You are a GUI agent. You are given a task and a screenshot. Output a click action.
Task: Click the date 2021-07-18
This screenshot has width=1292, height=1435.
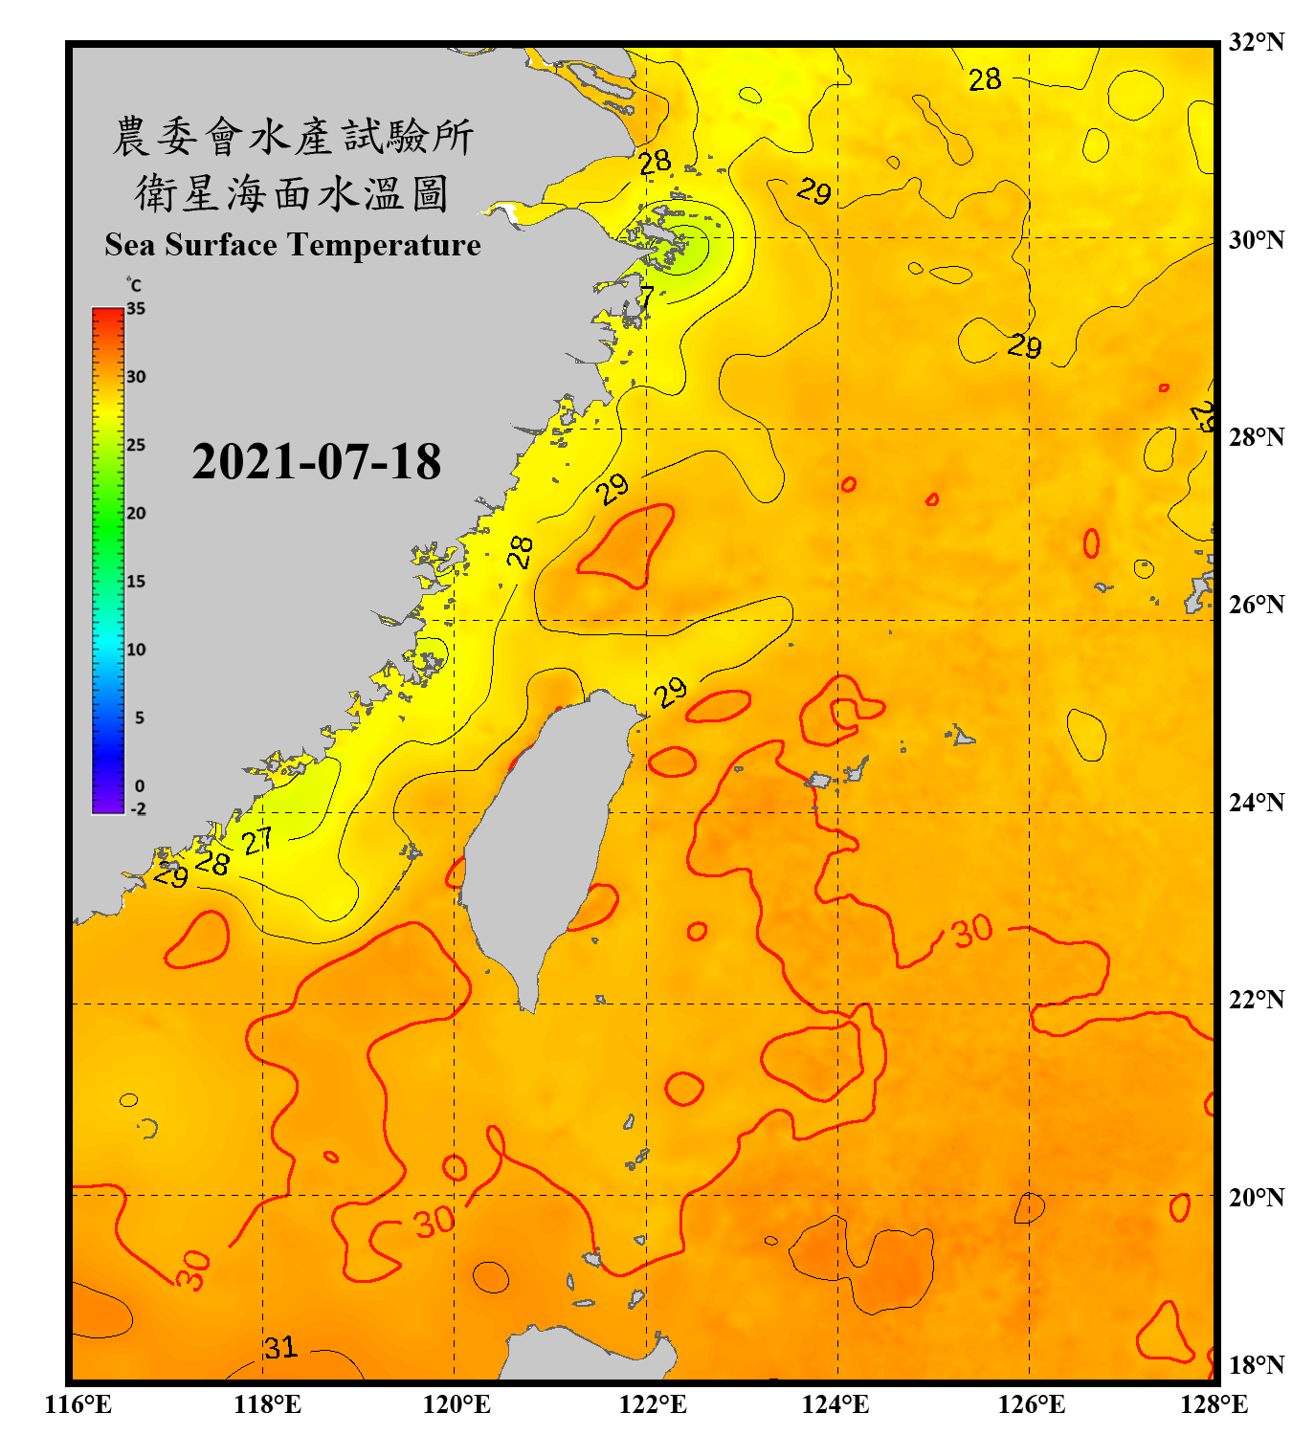click(316, 461)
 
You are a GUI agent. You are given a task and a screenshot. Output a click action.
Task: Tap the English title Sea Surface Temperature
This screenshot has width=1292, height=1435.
click(293, 245)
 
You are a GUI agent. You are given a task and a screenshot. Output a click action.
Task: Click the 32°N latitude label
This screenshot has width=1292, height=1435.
click(1257, 42)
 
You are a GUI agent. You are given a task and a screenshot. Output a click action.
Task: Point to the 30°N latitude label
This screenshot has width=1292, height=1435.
click(1257, 239)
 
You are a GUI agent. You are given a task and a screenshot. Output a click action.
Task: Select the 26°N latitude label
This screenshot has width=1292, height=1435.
click(1257, 605)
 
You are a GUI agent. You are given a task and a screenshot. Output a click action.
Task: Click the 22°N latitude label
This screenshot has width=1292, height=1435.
click(1257, 1000)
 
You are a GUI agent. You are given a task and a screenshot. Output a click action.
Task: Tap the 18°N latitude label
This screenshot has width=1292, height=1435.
click(1257, 1365)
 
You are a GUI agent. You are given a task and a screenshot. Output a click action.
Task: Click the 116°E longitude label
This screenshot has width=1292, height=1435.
click(78, 1404)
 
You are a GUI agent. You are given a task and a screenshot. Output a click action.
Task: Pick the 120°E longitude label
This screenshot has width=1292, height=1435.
click(457, 1404)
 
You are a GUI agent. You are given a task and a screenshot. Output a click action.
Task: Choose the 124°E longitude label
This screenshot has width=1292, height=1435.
click(835, 1404)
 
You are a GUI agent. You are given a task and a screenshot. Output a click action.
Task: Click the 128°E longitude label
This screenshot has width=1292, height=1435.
click(1214, 1404)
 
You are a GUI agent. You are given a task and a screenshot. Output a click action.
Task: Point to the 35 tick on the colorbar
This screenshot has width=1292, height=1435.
click(136, 309)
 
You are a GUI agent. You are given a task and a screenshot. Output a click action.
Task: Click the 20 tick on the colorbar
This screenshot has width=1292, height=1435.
click(136, 514)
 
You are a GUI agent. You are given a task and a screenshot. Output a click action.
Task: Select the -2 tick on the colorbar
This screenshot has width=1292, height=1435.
click(138, 809)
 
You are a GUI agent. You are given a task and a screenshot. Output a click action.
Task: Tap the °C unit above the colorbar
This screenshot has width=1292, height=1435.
click(134, 286)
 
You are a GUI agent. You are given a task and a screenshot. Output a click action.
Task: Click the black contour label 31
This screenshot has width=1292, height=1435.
click(281, 1348)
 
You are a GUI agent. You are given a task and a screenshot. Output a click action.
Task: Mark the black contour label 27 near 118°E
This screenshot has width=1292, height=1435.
click(256, 842)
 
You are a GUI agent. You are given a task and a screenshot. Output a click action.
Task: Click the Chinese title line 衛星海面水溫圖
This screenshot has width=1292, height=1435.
click(292, 194)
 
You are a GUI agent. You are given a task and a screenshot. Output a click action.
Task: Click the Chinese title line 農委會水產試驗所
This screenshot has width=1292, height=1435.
click(292, 137)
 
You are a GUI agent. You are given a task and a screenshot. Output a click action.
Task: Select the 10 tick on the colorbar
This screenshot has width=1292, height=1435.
click(136, 650)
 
